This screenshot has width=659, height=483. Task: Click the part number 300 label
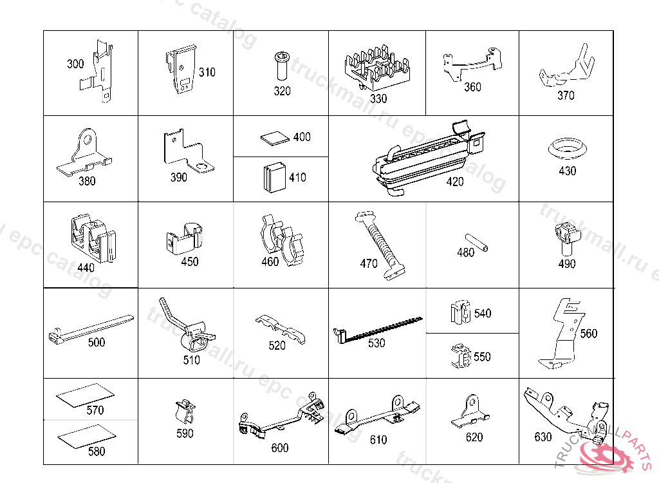click(x=75, y=64)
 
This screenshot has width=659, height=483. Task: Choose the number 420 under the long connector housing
click(x=454, y=182)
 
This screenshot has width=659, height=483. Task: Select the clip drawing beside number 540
click(x=459, y=313)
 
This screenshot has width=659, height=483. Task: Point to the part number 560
click(x=588, y=333)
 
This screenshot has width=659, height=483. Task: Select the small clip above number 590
click(x=184, y=411)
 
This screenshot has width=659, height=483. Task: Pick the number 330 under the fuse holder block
click(x=378, y=99)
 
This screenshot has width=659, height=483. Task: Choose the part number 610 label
click(x=378, y=440)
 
